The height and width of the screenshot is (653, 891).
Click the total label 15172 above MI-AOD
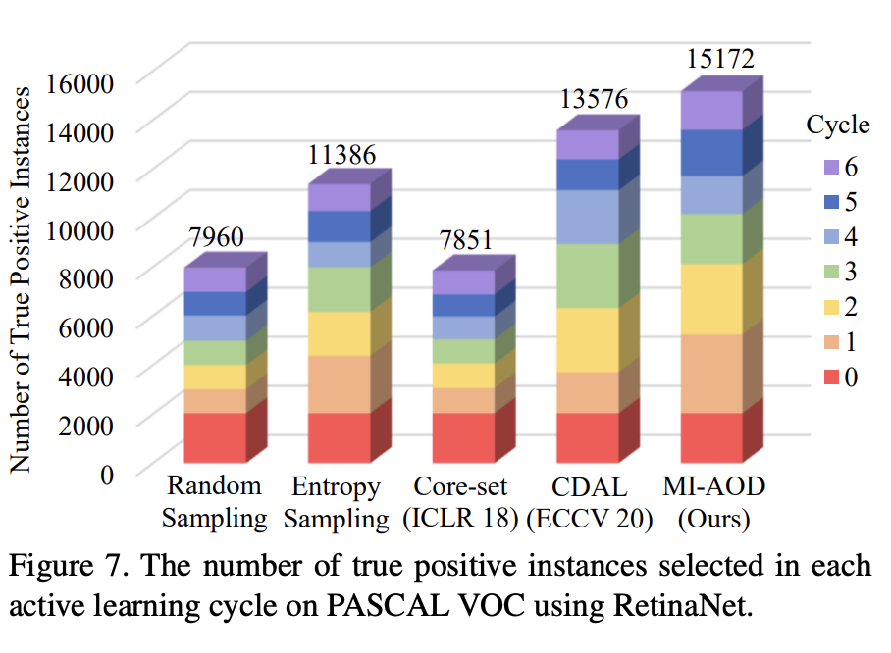pos(719,59)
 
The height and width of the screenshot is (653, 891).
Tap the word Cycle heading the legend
pos(837,125)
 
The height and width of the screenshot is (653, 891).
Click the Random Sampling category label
pos(215,502)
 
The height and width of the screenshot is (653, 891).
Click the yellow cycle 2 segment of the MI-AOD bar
pos(710,299)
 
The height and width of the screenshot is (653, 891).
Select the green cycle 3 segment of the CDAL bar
pos(587,276)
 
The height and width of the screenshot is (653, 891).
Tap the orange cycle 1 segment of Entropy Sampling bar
pos(340,384)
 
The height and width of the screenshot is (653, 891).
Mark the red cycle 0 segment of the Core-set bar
pos(463,437)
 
